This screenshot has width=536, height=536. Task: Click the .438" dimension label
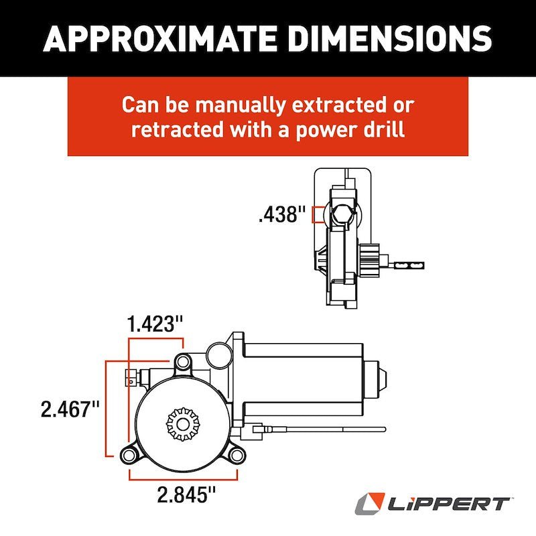pos(281,214)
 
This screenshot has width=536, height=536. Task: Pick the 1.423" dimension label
pos(155,325)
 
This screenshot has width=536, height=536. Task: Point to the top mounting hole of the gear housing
pos(182,362)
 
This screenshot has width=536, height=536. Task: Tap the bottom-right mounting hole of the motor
pos(236,456)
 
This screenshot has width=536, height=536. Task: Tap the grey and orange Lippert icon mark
pos(371,503)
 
